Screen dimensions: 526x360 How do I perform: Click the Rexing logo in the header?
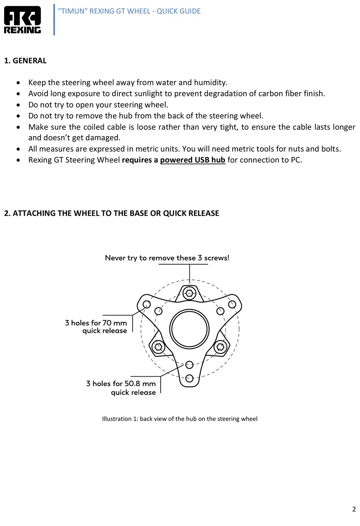click(x=22, y=20)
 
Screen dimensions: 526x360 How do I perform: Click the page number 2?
click(x=354, y=509)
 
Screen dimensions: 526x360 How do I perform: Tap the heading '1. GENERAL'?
click(x=25, y=61)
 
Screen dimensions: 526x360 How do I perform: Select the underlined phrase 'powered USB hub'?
click(x=193, y=160)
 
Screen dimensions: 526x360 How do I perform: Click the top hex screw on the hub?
click(x=189, y=292)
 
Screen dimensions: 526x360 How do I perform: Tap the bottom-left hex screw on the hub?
click(x=158, y=347)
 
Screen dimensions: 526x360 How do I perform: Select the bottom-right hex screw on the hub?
click(x=220, y=347)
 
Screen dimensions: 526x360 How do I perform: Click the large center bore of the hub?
click(x=189, y=329)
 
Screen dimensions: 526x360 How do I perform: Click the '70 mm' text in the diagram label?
click(x=114, y=323)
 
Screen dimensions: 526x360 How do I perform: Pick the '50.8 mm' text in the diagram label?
click(x=140, y=384)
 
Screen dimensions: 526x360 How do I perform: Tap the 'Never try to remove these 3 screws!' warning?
click(x=167, y=258)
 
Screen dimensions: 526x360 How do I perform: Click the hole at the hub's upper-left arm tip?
click(x=147, y=304)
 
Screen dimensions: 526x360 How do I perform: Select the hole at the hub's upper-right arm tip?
click(x=232, y=304)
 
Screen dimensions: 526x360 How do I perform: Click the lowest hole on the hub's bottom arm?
click(x=189, y=378)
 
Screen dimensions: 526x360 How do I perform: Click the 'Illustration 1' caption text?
click(x=180, y=419)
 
